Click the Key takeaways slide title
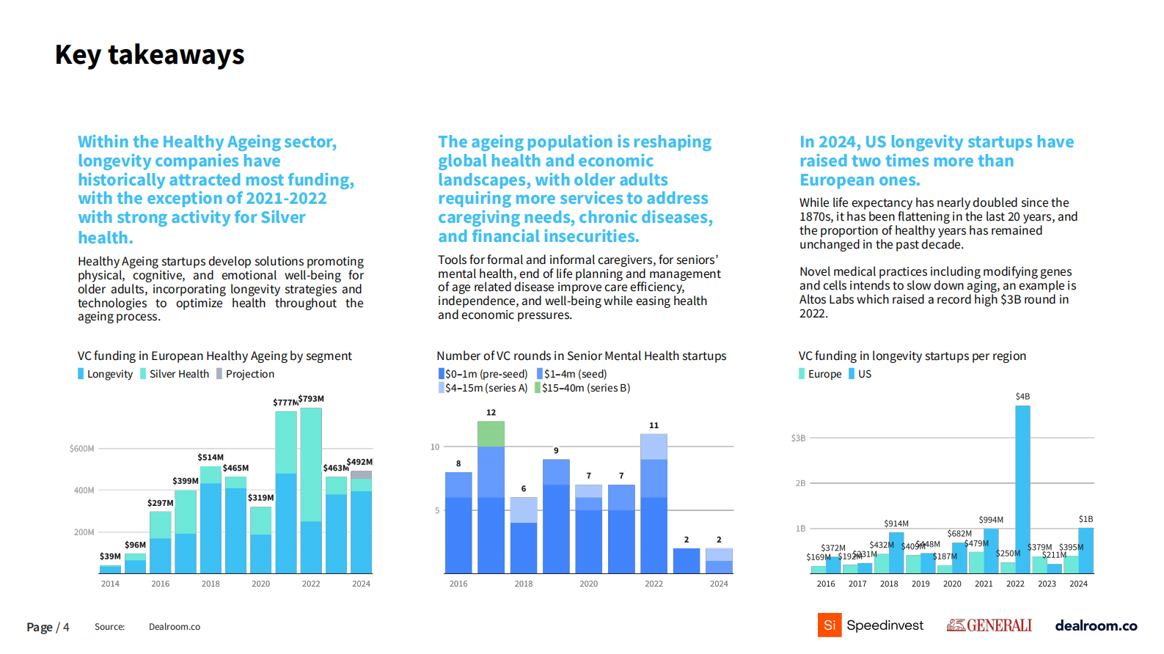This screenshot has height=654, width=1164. (x=150, y=55)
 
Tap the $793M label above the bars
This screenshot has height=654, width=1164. (x=312, y=399)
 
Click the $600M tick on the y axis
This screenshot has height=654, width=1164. (x=81, y=449)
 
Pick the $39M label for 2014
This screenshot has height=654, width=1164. (x=110, y=556)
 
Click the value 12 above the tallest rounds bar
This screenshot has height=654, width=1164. (x=491, y=413)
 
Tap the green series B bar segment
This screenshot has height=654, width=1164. (x=491, y=434)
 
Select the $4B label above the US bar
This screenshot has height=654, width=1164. (x=1022, y=397)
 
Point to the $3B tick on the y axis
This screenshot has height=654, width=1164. (x=798, y=438)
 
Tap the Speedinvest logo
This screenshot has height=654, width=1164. (x=871, y=625)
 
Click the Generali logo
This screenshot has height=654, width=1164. (x=989, y=625)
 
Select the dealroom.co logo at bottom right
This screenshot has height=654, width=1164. (x=1096, y=625)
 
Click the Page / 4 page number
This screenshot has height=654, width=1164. (x=48, y=627)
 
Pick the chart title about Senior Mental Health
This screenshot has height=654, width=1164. (x=581, y=356)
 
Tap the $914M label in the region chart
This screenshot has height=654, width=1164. (x=896, y=523)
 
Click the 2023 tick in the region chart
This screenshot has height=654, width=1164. (x=1047, y=584)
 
